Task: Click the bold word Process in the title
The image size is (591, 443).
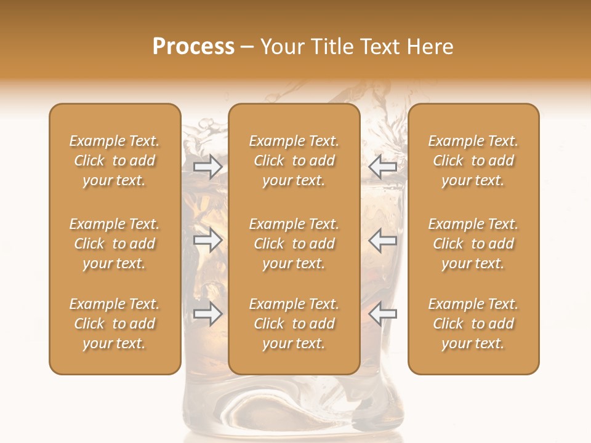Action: point(193,47)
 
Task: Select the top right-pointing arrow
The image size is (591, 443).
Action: point(207,167)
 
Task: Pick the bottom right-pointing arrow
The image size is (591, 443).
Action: point(207,314)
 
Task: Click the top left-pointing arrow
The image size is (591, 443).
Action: point(383,167)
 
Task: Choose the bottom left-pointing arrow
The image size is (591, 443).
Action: point(383,314)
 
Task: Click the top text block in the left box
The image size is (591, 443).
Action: point(115,161)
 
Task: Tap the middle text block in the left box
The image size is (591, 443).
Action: point(115,244)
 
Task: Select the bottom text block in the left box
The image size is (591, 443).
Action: point(115,324)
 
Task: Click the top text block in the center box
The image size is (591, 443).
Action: point(294,161)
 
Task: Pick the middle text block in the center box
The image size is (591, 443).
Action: point(294,244)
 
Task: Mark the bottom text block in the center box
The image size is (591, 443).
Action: point(294,324)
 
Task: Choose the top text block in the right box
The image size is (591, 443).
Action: point(473,161)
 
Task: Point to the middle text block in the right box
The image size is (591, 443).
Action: point(473,244)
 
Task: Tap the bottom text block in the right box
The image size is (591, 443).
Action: point(473,324)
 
